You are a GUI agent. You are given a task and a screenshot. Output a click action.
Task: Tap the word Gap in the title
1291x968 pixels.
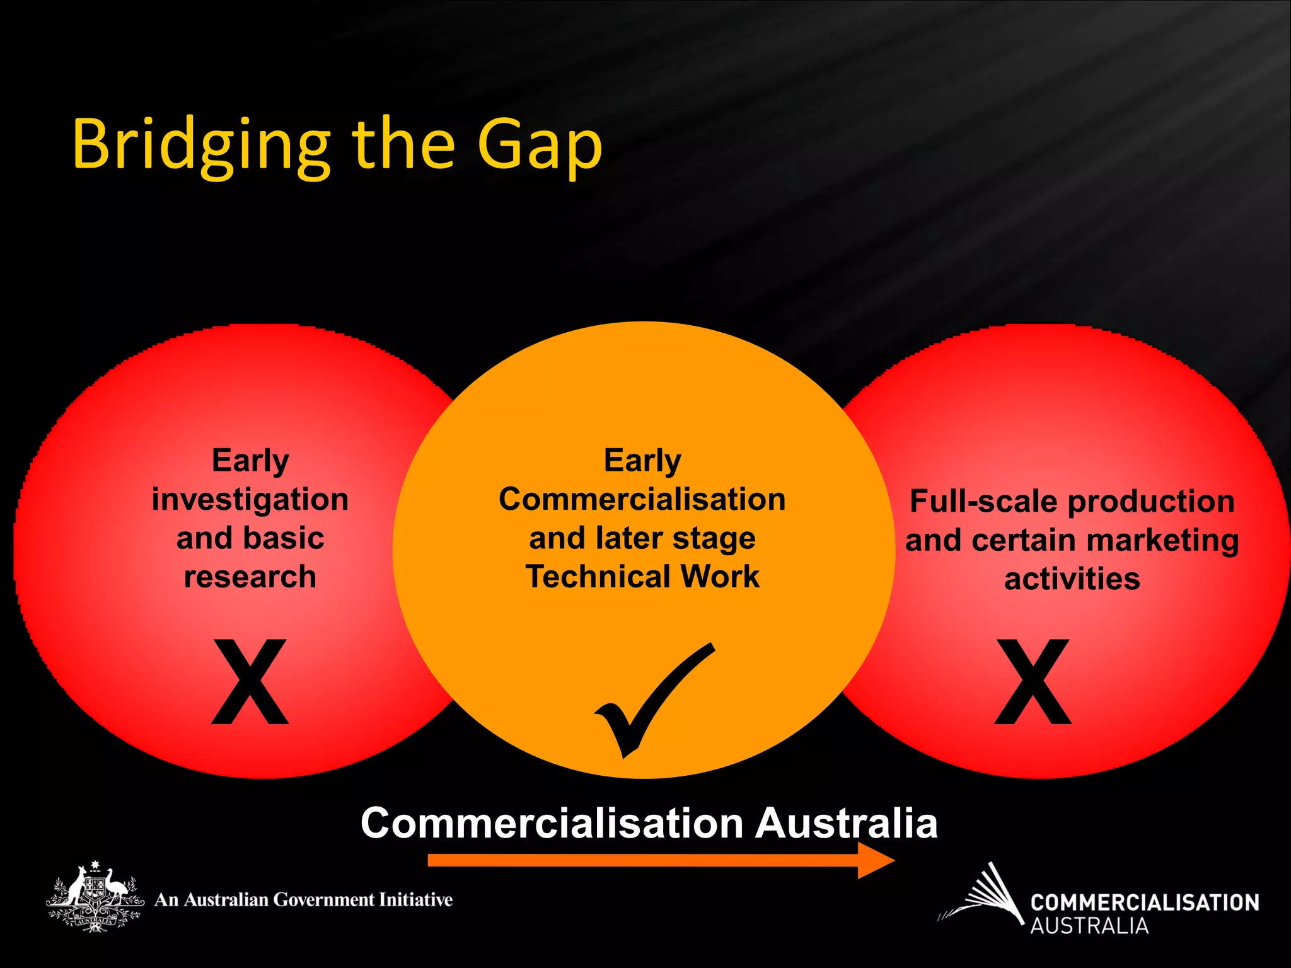pyautogui.click(x=539, y=146)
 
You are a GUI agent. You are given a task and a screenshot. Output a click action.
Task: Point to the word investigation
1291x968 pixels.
pyautogui.click(x=250, y=500)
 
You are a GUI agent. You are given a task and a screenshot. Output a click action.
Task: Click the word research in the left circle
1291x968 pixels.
pyautogui.click(x=250, y=577)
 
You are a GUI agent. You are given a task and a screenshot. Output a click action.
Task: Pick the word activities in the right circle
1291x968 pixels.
pyautogui.click(x=1072, y=579)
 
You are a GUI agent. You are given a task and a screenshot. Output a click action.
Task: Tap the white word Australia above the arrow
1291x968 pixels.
pyautogui.click(x=846, y=823)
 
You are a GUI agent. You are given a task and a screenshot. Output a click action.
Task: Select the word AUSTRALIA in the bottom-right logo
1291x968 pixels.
pyautogui.click(x=1089, y=926)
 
